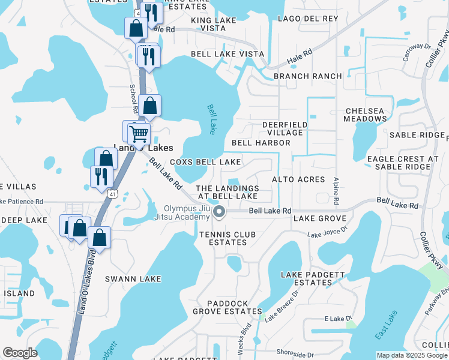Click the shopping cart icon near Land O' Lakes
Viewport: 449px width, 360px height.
(x=139, y=133)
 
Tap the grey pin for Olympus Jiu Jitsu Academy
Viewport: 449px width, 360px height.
(x=219, y=211)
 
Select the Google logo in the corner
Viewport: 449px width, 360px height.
(x=20, y=353)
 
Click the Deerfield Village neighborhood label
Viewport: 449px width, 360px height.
(x=282, y=128)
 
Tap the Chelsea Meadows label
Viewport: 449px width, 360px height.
(x=365, y=115)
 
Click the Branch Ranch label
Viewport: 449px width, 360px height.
(x=307, y=76)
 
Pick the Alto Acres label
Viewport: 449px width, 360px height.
(x=298, y=179)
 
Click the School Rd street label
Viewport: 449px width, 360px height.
(x=133, y=97)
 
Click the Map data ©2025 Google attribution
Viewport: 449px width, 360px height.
(x=411, y=355)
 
